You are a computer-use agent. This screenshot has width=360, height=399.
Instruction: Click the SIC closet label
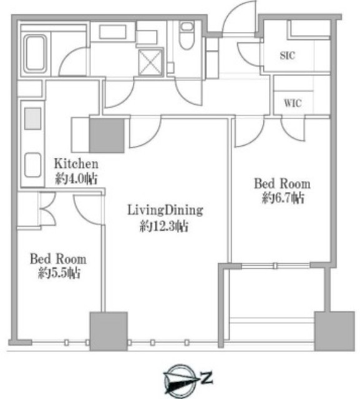pos(288,55)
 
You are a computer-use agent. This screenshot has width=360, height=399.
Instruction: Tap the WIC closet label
pos(293,103)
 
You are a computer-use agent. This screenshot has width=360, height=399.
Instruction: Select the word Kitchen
pos(76,164)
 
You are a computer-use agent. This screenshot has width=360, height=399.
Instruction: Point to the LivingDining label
pos(165,211)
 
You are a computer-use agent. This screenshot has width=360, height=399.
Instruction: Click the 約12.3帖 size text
pos(164,226)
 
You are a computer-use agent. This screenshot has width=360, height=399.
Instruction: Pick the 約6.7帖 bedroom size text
pos(283,198)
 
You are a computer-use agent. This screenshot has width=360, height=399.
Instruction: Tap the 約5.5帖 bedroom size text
pos(59,273)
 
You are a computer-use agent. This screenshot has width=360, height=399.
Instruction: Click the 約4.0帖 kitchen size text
pos(76,179)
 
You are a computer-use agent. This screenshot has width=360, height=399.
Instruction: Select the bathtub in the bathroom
pos(35,53)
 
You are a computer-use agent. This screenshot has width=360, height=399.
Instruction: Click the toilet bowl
pos(187,35)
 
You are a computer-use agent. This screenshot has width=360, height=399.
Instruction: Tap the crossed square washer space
pos(150,62)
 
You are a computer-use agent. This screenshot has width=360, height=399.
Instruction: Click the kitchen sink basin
pos(32,165)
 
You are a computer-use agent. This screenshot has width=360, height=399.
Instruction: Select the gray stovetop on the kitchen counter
pos(32,118)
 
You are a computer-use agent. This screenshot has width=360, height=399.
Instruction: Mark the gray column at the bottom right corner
pos(334,331)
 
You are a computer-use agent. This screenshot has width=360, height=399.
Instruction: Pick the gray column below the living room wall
pos(109,331)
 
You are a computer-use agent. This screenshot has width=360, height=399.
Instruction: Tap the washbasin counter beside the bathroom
pos(113,32)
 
